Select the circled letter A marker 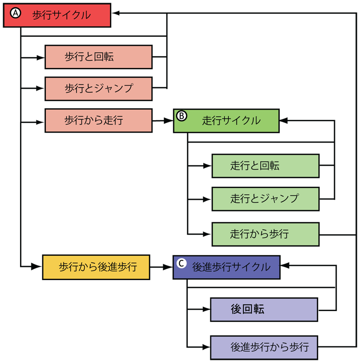(15, 14)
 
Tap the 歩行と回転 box (98, 57)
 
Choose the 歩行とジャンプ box (98, 88)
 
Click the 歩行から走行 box (98, 120)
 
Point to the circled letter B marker (181, 116)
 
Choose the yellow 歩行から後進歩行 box (96, 267)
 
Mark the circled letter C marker (181, 263)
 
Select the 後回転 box (263, 310)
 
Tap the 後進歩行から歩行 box (263, 347)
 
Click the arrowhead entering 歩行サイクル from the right (116, 14)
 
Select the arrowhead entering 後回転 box (206, 310)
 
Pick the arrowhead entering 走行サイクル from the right (283, 121)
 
